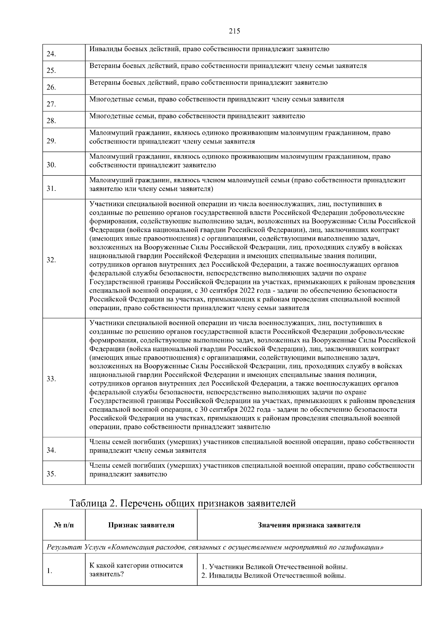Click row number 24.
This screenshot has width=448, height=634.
pyautogui.click(x=51, y=54)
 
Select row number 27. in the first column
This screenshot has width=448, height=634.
pyautogui.click(x=51, y=104)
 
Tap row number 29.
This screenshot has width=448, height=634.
pyautogui.click(x=51, y=141)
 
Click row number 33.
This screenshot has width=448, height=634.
pyautogui.click(x=51, y=379)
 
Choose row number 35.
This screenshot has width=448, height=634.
pyautogui.click(x=51, y=474)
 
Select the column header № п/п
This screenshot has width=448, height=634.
pyautogui.click(x=64, y=525)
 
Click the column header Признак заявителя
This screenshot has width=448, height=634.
pyautogui.click(x=141, y=525)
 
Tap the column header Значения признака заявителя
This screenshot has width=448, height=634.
pyautogui.click(x=309, y=525)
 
